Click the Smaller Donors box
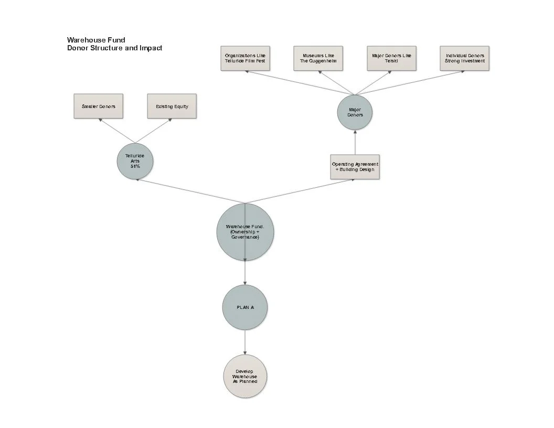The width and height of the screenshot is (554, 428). [x=98, y=106]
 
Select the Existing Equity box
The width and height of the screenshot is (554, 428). [x=172, y=106]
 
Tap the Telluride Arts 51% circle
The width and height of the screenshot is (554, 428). [x=135, y=160]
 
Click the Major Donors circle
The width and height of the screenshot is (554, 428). [x=355, y=112]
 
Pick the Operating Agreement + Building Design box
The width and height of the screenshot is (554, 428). [x=355, y=167]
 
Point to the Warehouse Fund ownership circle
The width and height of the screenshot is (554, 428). [x=245, y=231]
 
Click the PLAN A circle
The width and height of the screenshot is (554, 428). [x=245, y=307]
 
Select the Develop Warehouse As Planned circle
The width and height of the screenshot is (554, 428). [x=245, y=376]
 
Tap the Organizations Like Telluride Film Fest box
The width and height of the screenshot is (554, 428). [x=245, y=58]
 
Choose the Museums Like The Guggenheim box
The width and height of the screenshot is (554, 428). [x=318, y=58]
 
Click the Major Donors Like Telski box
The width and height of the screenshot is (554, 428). [x=391, y=58]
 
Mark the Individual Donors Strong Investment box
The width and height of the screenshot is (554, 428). [x=465, y=58]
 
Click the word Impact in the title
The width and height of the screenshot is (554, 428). [x=151, y=48]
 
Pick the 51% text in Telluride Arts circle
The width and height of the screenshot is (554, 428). [x=135, y=166]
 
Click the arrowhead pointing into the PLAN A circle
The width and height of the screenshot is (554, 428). [x=245, y=283]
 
